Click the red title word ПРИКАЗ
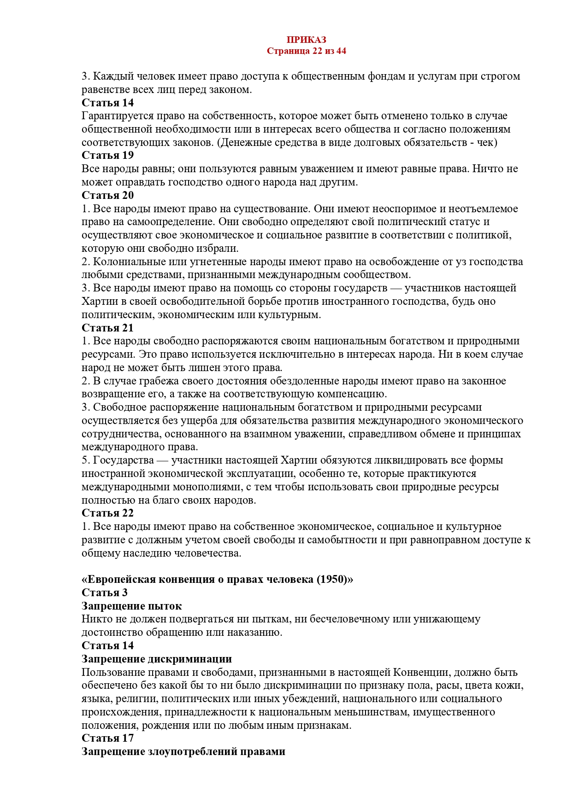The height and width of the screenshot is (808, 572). coord(306,40)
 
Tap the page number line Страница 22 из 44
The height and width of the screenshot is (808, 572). coord(306,51)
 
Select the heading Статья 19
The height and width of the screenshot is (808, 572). coord(107,156)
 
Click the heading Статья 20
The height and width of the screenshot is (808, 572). coord(107,195)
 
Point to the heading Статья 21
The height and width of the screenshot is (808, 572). coord(107,328)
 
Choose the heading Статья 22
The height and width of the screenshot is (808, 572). coord(107,513)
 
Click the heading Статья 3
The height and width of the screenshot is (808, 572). coord(105,593)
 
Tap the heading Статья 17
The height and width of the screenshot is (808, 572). coord(107,738)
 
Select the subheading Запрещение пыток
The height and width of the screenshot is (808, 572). coord(131,606)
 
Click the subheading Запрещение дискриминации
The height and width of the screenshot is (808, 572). coord(156,659)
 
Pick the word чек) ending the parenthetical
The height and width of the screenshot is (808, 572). coord(487,142)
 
